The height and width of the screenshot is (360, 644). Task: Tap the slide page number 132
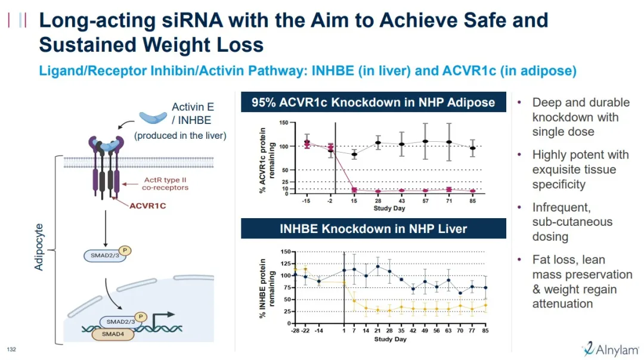pos(11,349)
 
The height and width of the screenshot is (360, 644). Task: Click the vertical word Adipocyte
pos(39,247)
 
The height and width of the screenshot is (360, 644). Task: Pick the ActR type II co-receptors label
pos(161,184)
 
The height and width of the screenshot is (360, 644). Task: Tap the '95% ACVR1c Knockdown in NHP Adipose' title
pos(373,103)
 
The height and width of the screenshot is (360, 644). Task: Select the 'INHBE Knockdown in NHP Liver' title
pos(373,229)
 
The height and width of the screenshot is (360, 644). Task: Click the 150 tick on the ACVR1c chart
pos(284,123)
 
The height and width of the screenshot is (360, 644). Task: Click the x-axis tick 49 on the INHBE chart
pos(425,331)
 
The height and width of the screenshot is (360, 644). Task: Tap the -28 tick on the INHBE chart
pos(295,331)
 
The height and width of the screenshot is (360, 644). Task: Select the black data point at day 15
pos(355,154)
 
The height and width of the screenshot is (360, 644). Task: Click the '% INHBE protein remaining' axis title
pos(263,287)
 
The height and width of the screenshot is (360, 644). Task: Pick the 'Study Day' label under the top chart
pos(390,209)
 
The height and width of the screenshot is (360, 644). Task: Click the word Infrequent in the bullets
pos(561,207)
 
